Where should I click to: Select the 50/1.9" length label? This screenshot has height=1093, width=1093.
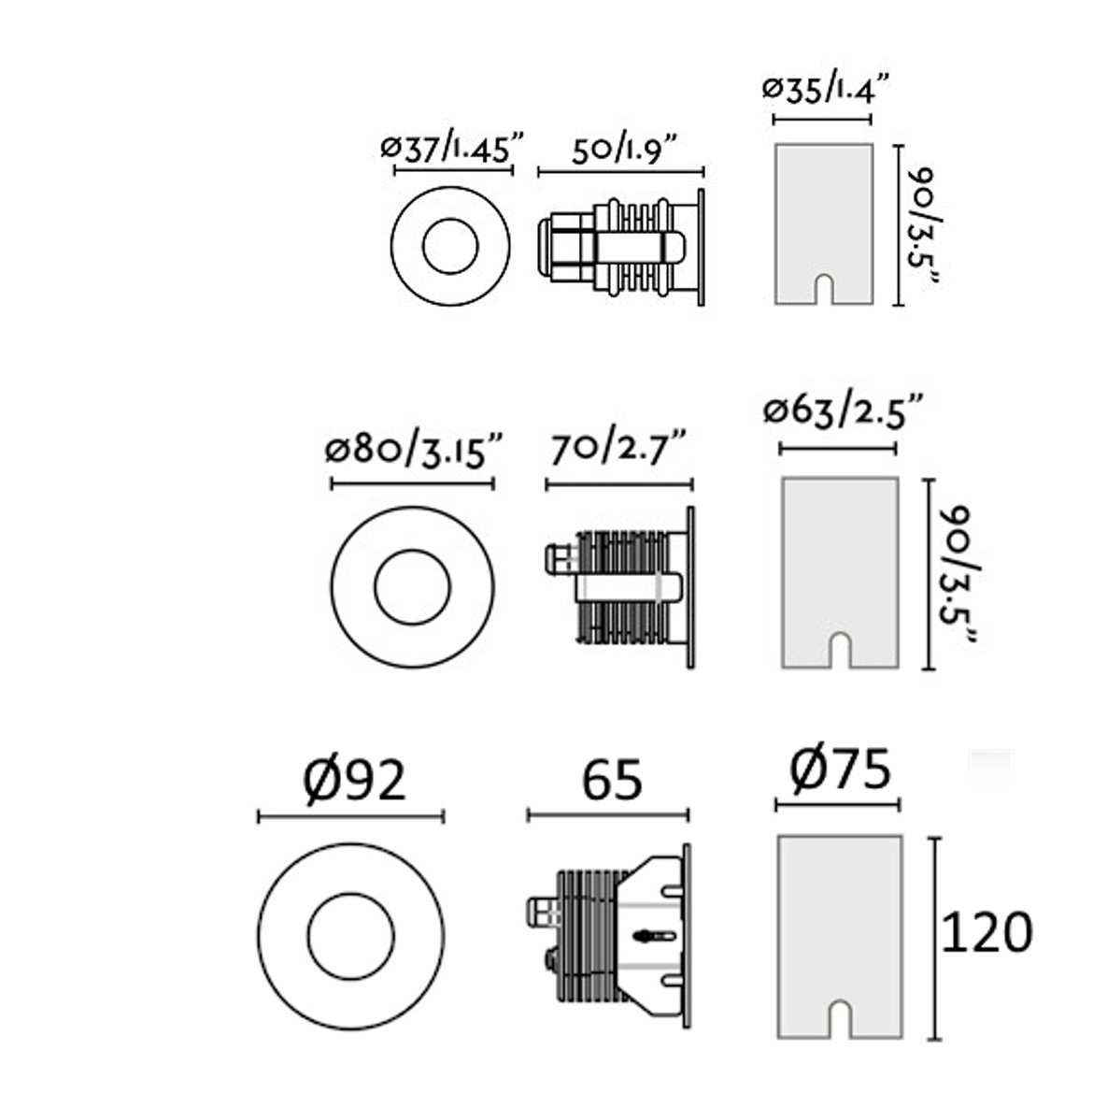622,149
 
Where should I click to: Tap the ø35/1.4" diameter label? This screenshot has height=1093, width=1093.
823,91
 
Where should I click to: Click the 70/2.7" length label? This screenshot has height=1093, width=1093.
619,450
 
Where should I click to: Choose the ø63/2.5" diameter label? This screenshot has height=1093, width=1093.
843,411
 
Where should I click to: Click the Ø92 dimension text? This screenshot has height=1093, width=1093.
355,778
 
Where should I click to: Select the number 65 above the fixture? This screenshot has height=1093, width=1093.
612,780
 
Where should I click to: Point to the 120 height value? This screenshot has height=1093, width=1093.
987,932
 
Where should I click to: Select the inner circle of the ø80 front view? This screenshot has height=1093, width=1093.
412,587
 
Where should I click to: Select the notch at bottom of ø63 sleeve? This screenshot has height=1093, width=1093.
840,649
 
